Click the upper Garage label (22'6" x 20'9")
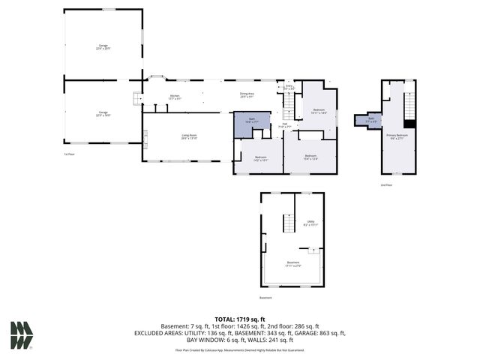[x=103, y=46]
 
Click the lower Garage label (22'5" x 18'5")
[x=102, y=114]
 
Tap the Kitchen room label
[x=175, y=97]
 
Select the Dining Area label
[x=247, y=94]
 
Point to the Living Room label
[x=188, y=136]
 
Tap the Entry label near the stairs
[x=289, y=87]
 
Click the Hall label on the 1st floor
[x=286, y=125]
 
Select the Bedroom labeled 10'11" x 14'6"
[x=318, y=110]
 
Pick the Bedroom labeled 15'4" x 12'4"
[x=310, y=157]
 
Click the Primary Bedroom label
[x=397, y=136]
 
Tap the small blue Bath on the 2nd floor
[x=370, y=120]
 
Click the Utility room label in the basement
[x=310, y=223]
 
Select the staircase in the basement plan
[x=286, y=223]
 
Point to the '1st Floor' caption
[x=69, y=153]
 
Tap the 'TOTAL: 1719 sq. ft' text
[x=239, y=319]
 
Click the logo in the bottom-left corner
[x=21, y=334]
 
